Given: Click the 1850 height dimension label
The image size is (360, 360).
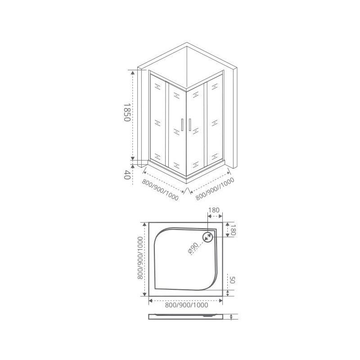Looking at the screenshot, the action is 127,112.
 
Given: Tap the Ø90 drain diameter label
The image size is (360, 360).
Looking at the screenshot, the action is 193,248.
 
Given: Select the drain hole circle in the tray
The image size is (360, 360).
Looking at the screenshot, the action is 207,237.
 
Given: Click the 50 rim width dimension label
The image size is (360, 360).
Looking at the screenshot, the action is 232,279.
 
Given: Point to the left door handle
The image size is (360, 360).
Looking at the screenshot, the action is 182,125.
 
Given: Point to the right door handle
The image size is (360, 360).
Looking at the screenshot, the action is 190,125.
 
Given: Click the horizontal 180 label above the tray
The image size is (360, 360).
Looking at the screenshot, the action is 214,210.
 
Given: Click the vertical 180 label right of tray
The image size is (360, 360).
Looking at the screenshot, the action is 233,229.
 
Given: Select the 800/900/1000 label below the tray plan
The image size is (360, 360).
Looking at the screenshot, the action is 186,305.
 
